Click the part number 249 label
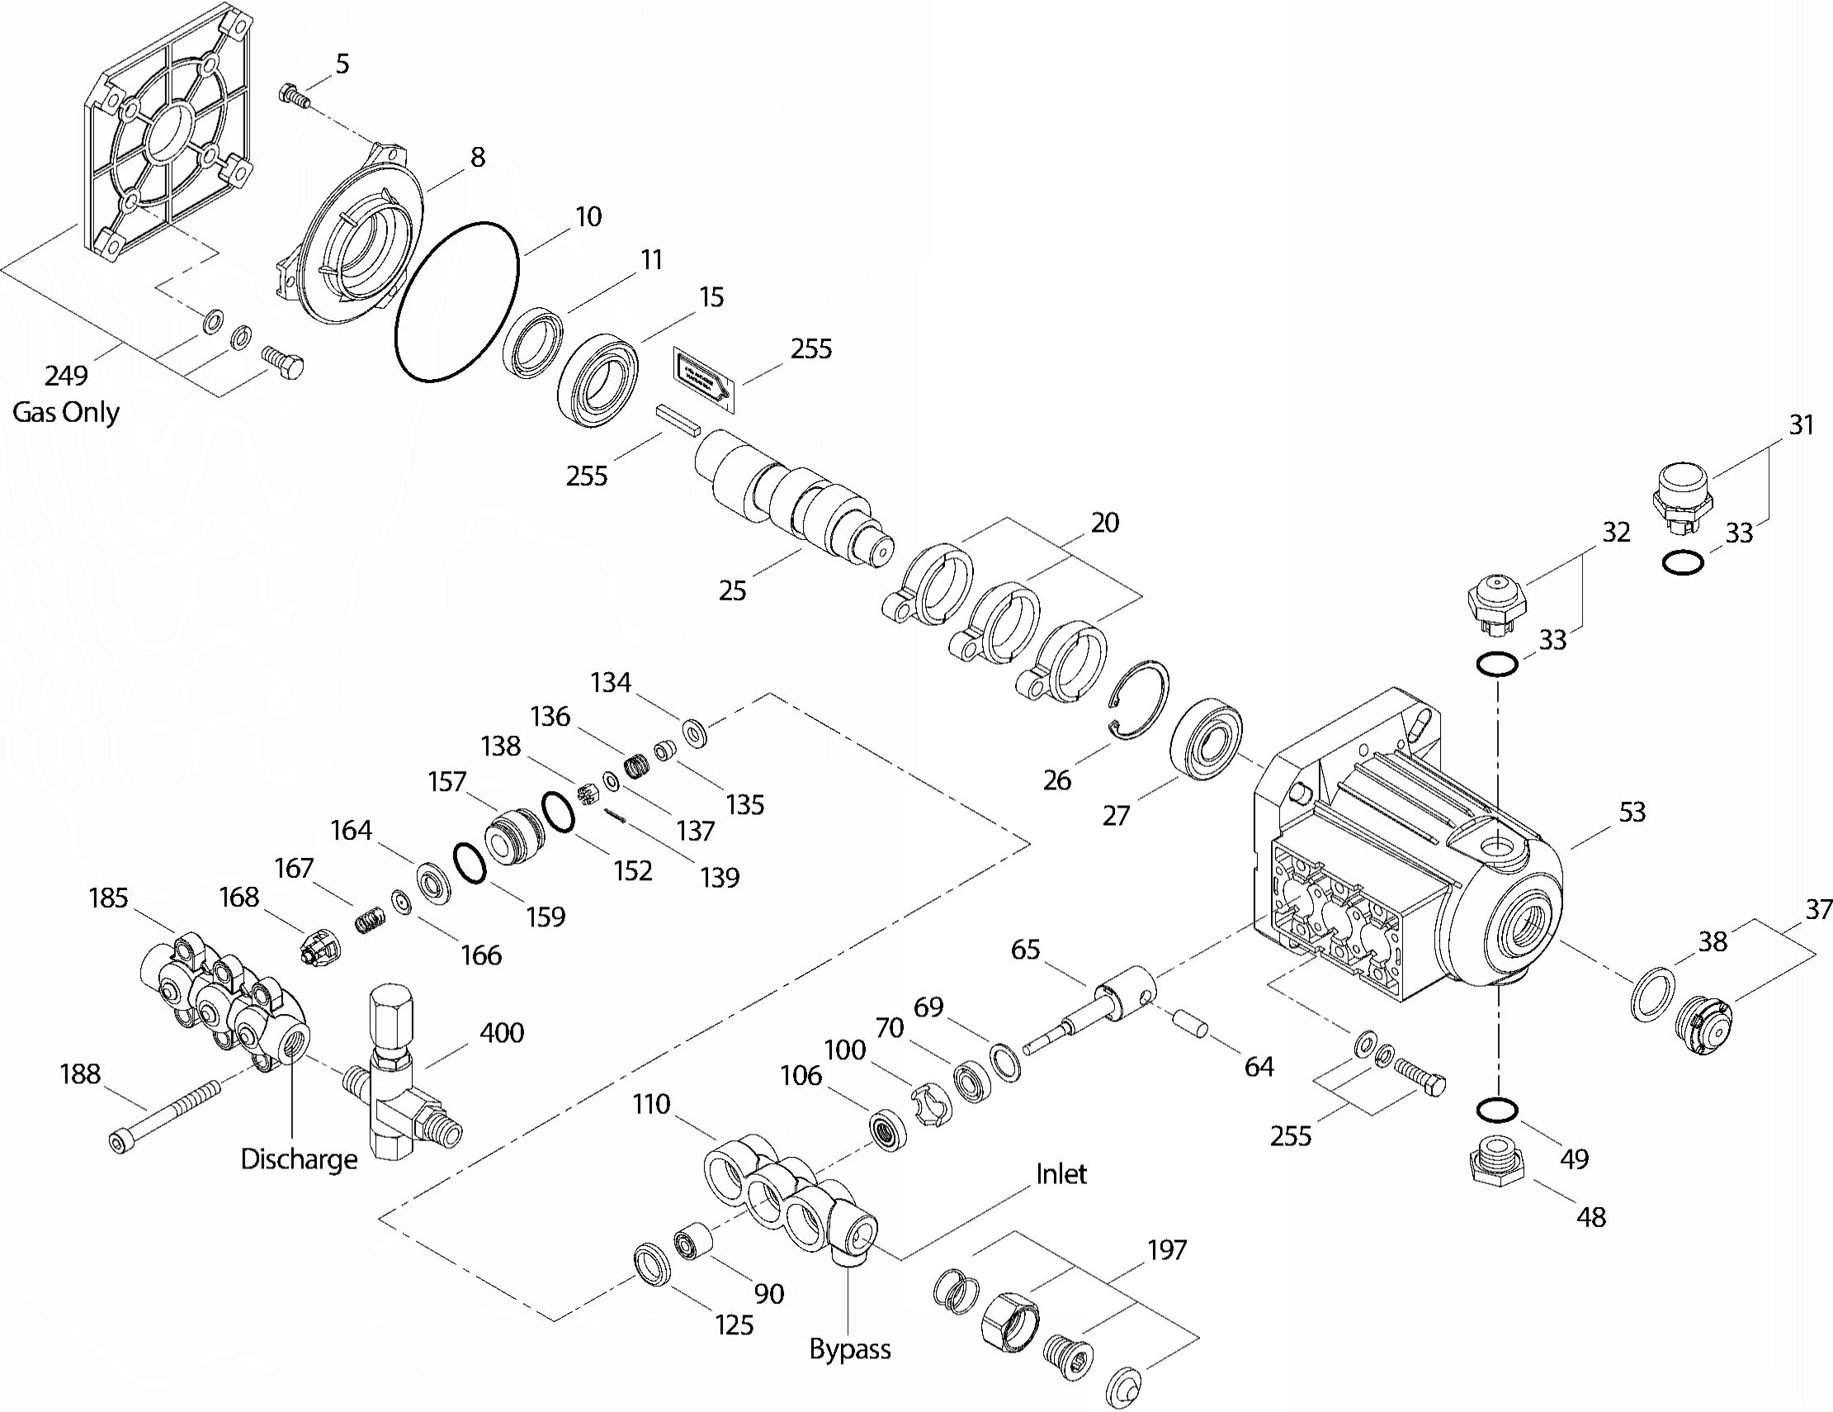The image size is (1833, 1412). coord(66,375)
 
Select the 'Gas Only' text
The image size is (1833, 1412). coord(66,412)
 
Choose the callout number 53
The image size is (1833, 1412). coord(1632,812)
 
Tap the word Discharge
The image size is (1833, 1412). coord(299,1159)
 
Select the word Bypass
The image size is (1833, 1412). coord(849,1349)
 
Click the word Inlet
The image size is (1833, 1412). coord(1061,1173)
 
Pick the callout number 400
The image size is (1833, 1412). coord(501,1031)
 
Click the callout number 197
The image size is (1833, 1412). coord(1167,1250)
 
